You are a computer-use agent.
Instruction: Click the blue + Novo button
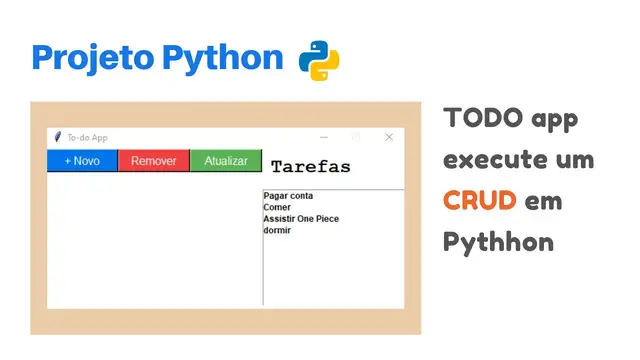pos(82,161)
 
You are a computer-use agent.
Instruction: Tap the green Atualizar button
pos(226,161)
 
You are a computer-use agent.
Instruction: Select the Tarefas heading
pos(310,167)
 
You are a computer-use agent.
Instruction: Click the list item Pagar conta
pos(288,196)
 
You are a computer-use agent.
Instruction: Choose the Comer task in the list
pos(277,207)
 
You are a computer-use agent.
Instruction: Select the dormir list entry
pos(277,230)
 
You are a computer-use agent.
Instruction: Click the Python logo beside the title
pos(319,60)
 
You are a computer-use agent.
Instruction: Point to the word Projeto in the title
pos(91,58)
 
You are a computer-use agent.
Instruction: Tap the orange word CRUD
pos(480,200)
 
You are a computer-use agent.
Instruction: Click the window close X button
pos(389,137)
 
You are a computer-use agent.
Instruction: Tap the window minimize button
pos(323,137)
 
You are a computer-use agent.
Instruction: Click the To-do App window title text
pos(87,137)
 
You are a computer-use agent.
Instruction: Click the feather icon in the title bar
pos(58,137)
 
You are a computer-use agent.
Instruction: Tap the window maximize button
pos(356,137)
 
